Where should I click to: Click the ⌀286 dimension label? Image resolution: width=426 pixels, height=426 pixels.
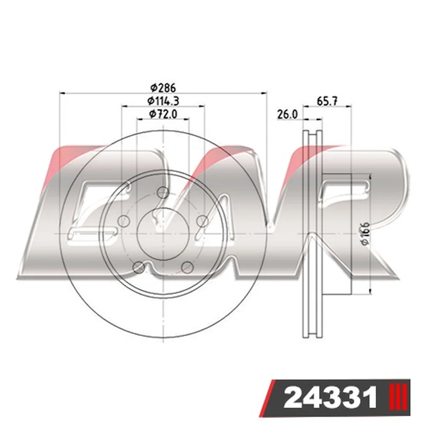(x=163, y=88)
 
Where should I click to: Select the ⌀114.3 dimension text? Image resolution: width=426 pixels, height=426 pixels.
(x=163, y=101)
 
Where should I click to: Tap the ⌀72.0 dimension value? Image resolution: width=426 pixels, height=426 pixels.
(x=163, y=114)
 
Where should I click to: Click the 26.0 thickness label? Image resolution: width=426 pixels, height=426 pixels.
(x=288, y=114)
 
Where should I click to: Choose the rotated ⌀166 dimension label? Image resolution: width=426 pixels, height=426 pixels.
(x=366, y=233)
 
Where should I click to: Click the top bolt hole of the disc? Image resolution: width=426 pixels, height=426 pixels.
(x=163, y=193)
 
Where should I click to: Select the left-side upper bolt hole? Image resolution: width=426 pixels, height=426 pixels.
(x=123, y=222)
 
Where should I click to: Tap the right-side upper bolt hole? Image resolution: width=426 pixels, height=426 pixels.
(x=202, y=222)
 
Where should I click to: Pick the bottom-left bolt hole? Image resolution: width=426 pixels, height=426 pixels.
(x=138, y=268)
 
